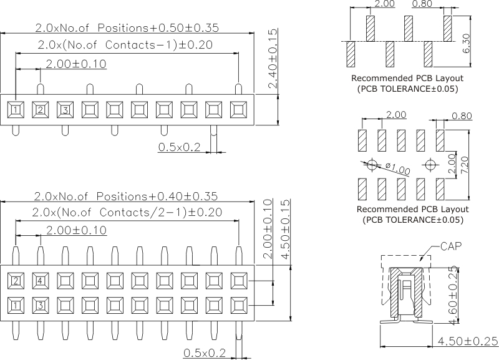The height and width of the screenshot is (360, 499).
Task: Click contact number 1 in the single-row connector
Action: click(x=15, y=110)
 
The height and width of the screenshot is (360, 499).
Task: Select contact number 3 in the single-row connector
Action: click(x=64, y=110)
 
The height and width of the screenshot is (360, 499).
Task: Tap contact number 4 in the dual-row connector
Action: click(x=40, y=280)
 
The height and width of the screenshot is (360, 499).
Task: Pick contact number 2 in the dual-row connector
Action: click(x=15, y=280)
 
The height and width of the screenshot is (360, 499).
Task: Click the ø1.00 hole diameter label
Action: click(x=398, y=167)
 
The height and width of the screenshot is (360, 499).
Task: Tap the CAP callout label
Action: click(x=450, y=246)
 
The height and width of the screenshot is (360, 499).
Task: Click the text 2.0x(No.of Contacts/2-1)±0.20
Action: click(x=127, y=212)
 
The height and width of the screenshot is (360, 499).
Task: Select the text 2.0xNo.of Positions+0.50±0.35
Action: click(x=127, y=28)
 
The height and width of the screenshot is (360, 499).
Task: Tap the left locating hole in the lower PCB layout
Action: click(x=372, y=165)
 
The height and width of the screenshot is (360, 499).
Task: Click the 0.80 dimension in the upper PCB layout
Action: click(x=422, y=4)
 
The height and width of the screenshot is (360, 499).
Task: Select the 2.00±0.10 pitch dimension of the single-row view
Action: click(x=75, y=64)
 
